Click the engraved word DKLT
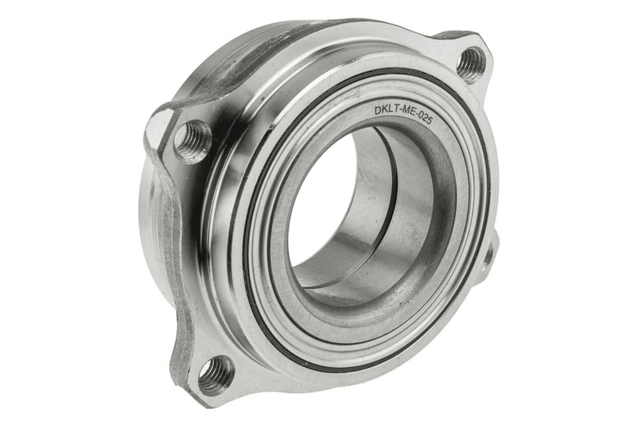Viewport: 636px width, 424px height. pos(385,111)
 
